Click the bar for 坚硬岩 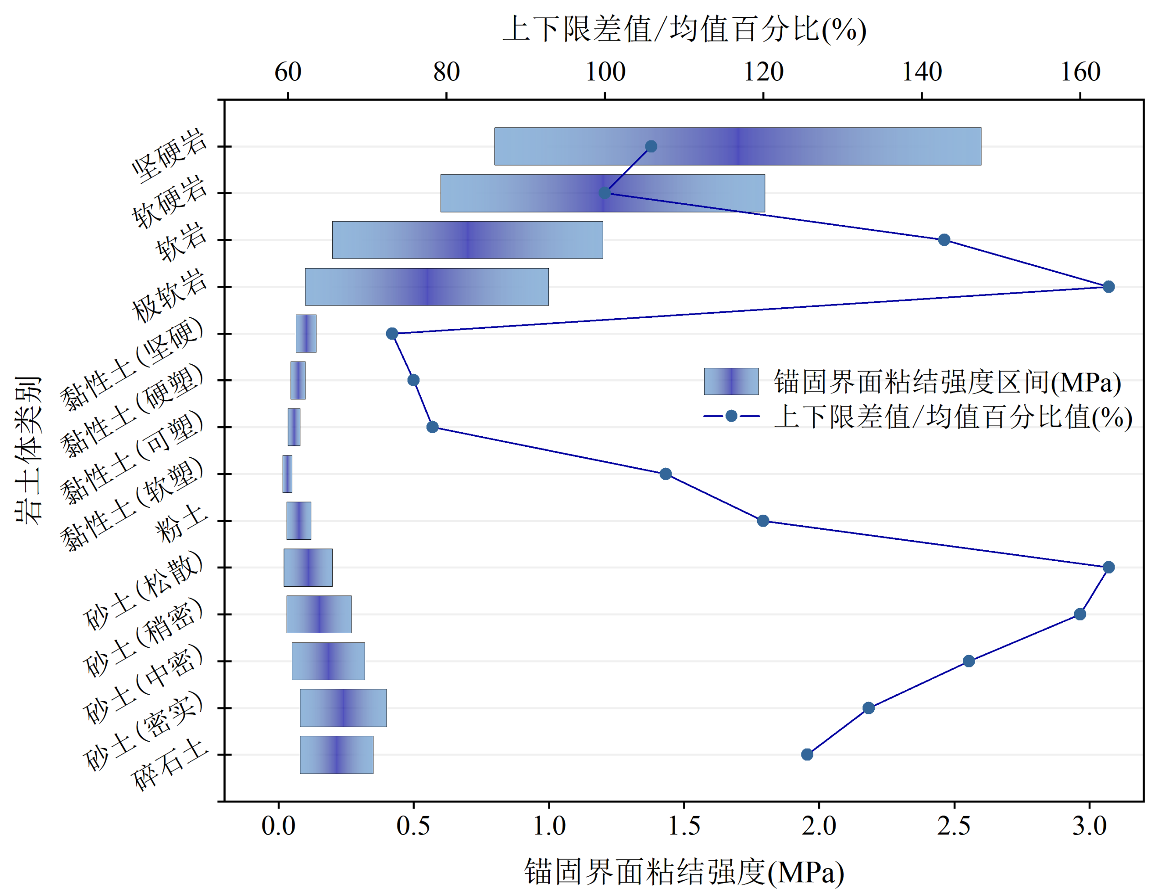[x=737, y=146]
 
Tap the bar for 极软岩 [x=426, y=287]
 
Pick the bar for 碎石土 [x=336, y=754]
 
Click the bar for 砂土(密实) [x=343, y=708]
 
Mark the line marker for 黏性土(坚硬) [x=392, y=334]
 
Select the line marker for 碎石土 [x=807, y=754]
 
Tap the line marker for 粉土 [x=763, y=521]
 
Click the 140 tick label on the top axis [x=922, y=72]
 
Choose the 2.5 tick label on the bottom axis [x=954, y=827]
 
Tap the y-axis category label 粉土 [x=181, y=523]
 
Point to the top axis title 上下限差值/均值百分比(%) [x=684, y=29]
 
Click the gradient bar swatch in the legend [x=731, y=382]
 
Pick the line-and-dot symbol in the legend [x=731, y=416]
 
